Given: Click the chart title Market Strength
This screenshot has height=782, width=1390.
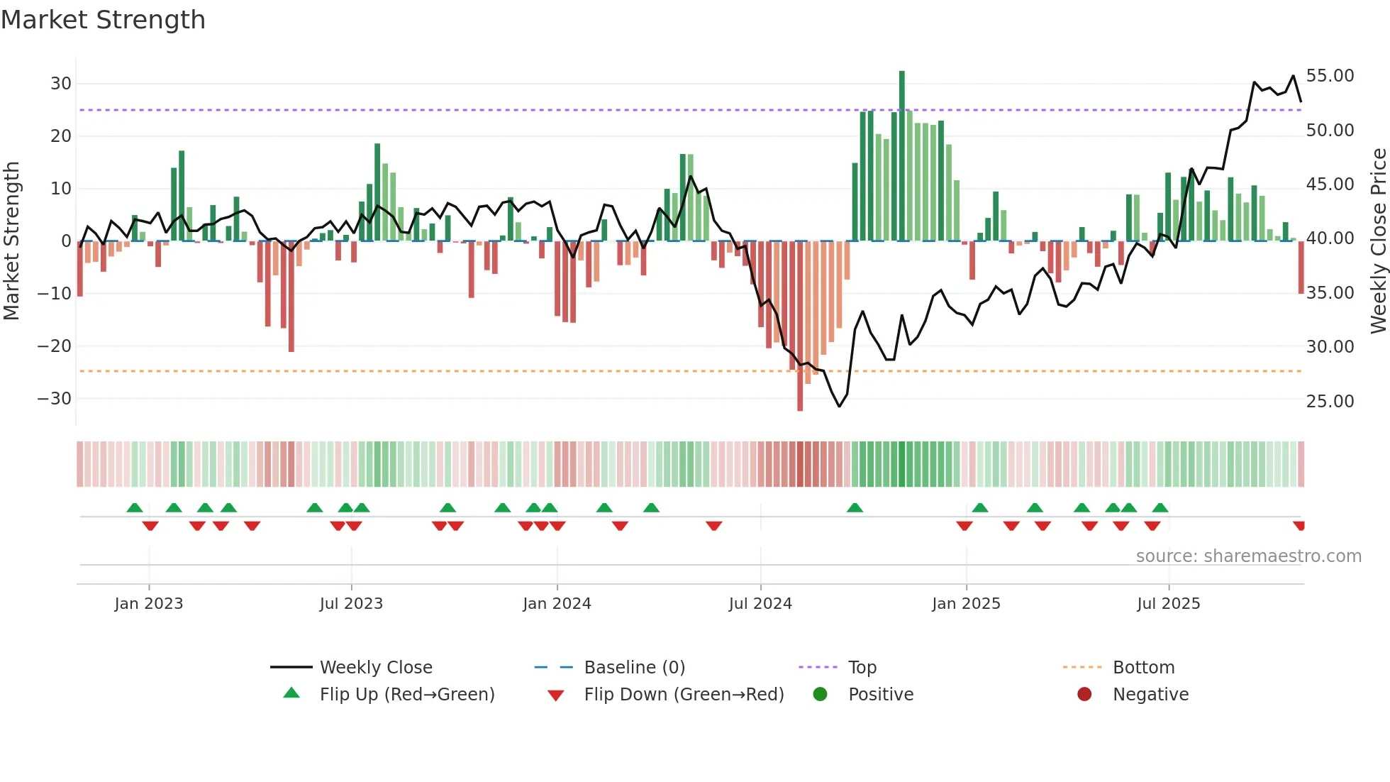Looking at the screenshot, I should (103, 20).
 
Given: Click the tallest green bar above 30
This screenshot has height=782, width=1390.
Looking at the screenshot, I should (902, 156).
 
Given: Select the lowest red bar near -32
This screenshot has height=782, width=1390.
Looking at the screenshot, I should (800, 326).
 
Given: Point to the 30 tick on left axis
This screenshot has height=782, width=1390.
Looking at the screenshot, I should (61, 84).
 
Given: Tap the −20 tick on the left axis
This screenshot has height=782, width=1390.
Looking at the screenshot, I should (55, 346).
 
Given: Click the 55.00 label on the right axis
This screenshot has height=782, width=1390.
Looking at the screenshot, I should (1330, 76).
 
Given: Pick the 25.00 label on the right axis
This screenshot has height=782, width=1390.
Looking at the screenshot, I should (1330, 402).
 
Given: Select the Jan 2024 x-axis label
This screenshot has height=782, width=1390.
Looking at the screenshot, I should (557, 604).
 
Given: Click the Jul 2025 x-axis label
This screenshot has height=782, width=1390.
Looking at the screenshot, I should (1168, 604).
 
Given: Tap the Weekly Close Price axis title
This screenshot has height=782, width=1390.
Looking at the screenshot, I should (1378, 241).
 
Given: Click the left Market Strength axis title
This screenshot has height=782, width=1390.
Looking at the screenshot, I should (11, 241).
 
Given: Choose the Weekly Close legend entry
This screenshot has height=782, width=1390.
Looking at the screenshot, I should (375, 668).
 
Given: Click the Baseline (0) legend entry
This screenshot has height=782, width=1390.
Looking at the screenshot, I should (634, 668).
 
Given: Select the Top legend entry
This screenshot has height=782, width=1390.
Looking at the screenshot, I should (862, 668).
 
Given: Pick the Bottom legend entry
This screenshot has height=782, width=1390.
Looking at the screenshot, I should (1143, 668).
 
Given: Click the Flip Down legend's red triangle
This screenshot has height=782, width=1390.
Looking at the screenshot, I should (556, 695).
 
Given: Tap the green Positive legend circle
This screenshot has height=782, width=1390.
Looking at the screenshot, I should (820, 695).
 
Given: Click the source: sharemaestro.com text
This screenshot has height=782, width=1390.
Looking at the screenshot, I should (1248, 556).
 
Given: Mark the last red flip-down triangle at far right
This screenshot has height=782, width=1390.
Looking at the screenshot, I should (1299, 526).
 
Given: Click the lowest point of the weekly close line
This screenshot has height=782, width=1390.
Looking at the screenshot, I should (839, 406).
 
